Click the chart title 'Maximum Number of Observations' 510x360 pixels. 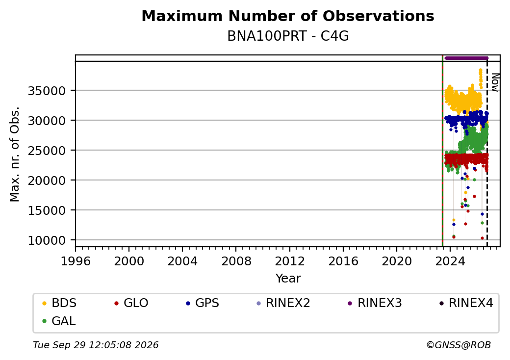click(x=288, y=16)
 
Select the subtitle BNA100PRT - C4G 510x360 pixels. click(x=288, y=36)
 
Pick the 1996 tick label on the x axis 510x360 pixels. click(x=76, y=261)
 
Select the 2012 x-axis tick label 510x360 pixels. click(x=289, y=261)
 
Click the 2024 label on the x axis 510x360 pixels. click(x=450, y=261)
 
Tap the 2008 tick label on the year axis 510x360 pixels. click(x=236, y=261)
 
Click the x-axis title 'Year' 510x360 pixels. click(x=288, y=279)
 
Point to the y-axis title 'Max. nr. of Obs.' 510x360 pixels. click(x=15, y=154)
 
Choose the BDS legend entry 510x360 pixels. click(x=59, y=303)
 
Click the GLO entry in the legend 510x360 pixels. click(x=131, y=303)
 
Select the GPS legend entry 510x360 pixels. click(x=203, y=303)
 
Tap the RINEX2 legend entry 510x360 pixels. click(x=283, y=303)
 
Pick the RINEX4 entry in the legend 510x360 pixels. click(x=466, y=303)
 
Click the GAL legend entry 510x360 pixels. click(x=59, y=321)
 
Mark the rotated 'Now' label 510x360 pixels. click(x=495, y=82)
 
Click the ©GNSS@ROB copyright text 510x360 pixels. click(x=459, y=345)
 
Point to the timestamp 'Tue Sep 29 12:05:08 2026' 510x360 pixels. click(x=96, y=345)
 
